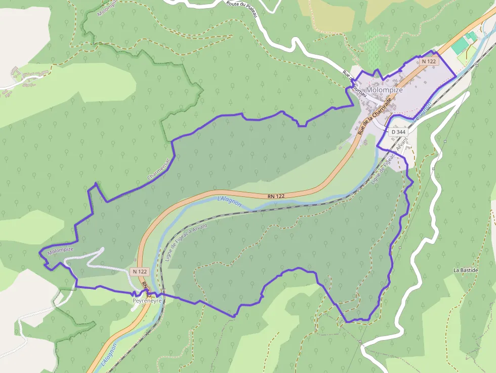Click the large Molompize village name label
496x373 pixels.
[x=384, y=90]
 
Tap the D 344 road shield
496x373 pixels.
[x=398, y=132]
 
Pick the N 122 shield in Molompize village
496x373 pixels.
[x=429, y=61]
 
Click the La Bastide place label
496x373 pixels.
[x=466, y=270]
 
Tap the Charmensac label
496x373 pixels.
[x=160, y=170]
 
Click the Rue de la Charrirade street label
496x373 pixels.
[x=375, y=116]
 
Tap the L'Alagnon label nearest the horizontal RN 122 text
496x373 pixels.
[x=229, y=201]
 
